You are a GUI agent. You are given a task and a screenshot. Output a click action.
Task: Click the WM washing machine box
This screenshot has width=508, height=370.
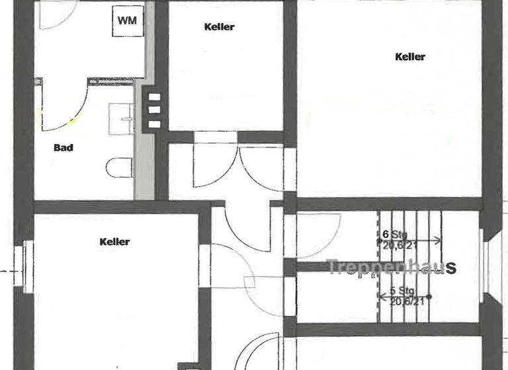point(128,20)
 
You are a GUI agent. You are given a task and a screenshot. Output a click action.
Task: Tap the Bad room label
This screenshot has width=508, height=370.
point(63,148)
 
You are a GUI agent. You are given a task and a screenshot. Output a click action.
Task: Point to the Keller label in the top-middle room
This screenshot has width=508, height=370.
point(220,27)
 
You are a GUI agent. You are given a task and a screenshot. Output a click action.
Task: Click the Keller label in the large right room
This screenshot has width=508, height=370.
point(410,57)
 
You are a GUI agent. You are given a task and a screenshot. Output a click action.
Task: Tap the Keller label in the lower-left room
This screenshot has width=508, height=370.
point(115,242)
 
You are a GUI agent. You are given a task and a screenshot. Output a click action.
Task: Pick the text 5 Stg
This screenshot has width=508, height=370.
point(402,291)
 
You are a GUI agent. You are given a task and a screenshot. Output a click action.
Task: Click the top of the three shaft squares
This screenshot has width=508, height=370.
point(154,98)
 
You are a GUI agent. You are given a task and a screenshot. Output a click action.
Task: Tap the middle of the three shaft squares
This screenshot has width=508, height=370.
point(154,110)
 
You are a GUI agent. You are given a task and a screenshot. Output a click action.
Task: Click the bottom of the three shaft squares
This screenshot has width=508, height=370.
point(154,124)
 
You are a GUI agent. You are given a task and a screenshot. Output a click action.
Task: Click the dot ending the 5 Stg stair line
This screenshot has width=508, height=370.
point(431,297)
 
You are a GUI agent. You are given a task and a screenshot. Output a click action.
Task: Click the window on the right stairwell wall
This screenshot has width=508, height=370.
point(487,267)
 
